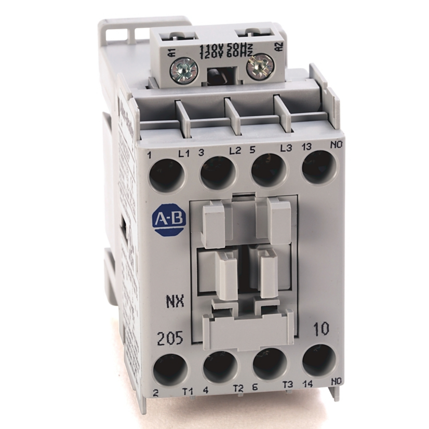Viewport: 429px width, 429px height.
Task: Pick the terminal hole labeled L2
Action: pos(218,172)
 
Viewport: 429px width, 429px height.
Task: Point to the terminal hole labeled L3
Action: pos(268,170)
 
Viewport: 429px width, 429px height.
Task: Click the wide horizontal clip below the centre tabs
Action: pos(248,330)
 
